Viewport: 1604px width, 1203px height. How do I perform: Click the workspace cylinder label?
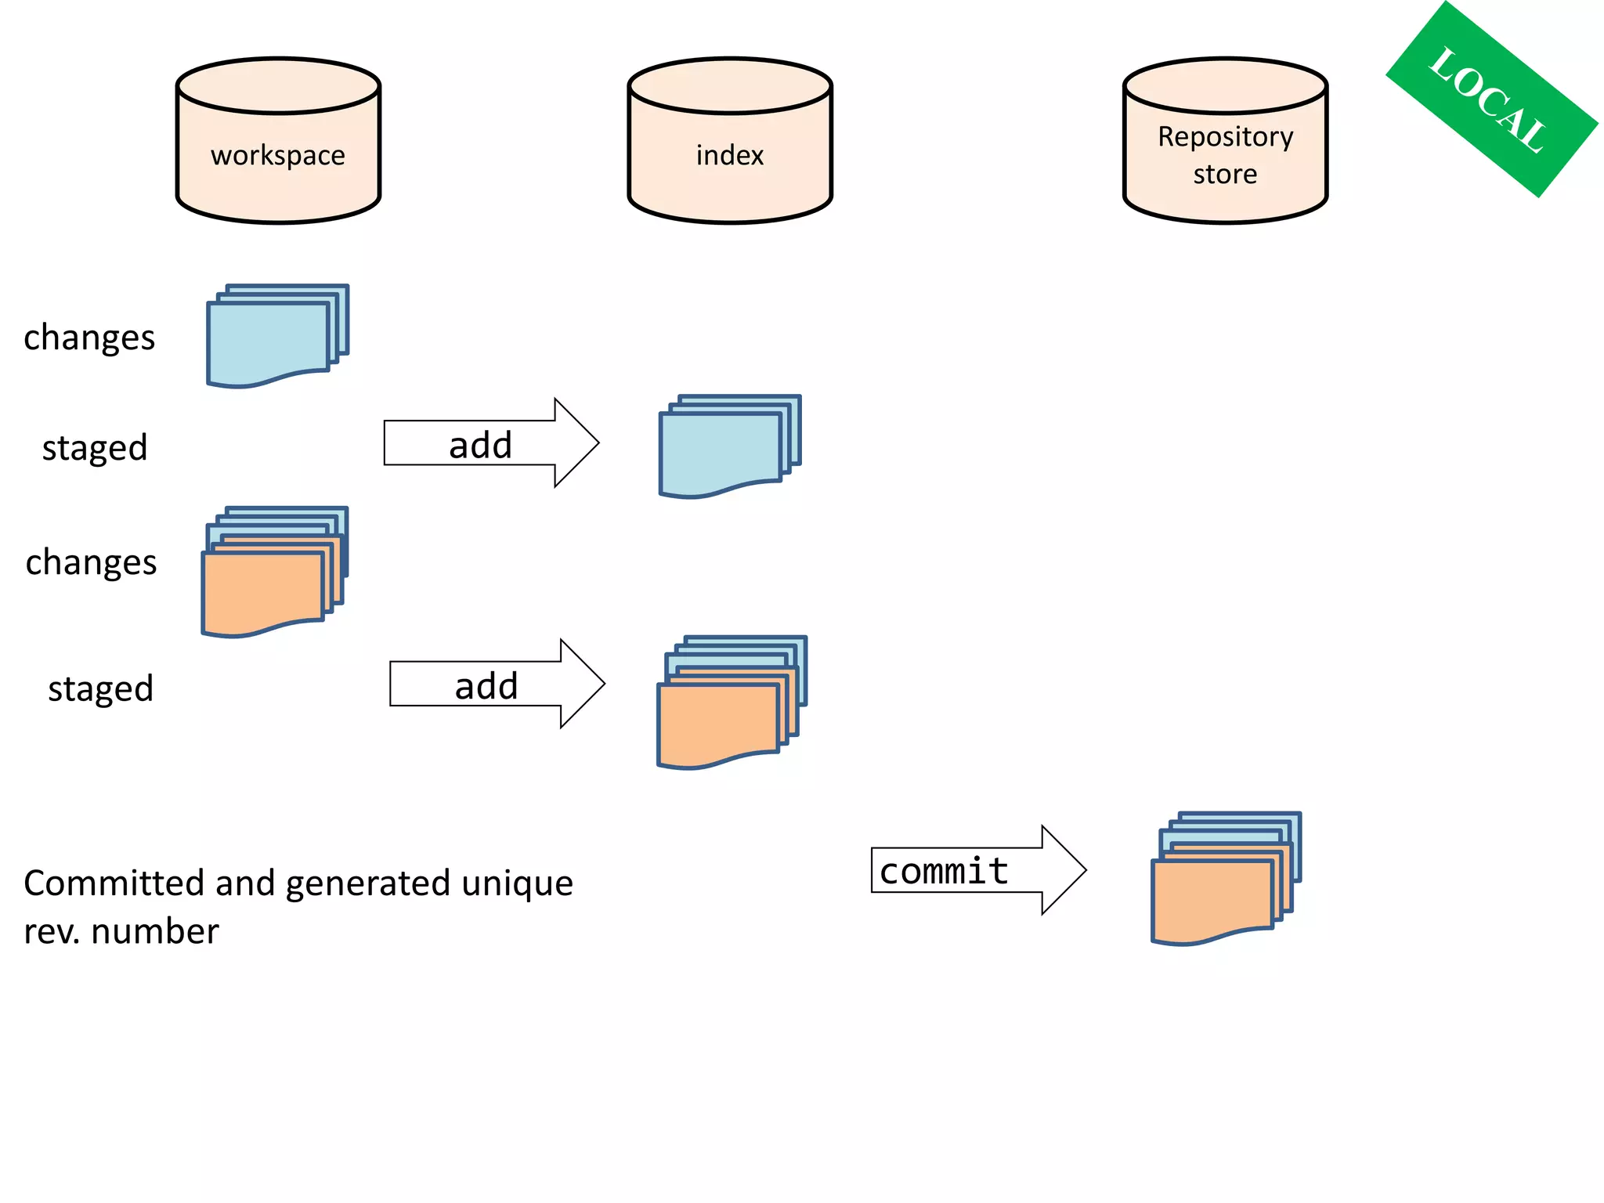277,156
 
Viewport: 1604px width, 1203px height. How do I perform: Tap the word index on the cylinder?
729,156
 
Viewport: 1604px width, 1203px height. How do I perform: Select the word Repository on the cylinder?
1225,137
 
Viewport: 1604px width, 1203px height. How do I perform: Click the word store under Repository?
1225,175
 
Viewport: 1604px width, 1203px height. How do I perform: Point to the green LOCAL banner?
1490,99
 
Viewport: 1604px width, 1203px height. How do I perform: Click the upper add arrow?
486,444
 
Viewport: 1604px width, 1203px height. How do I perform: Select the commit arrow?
971,870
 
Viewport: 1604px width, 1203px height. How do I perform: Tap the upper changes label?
89,338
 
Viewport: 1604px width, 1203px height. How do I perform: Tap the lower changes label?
91,563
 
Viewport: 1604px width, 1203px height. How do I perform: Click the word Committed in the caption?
114,883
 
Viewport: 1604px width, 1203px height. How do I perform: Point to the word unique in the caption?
517,883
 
